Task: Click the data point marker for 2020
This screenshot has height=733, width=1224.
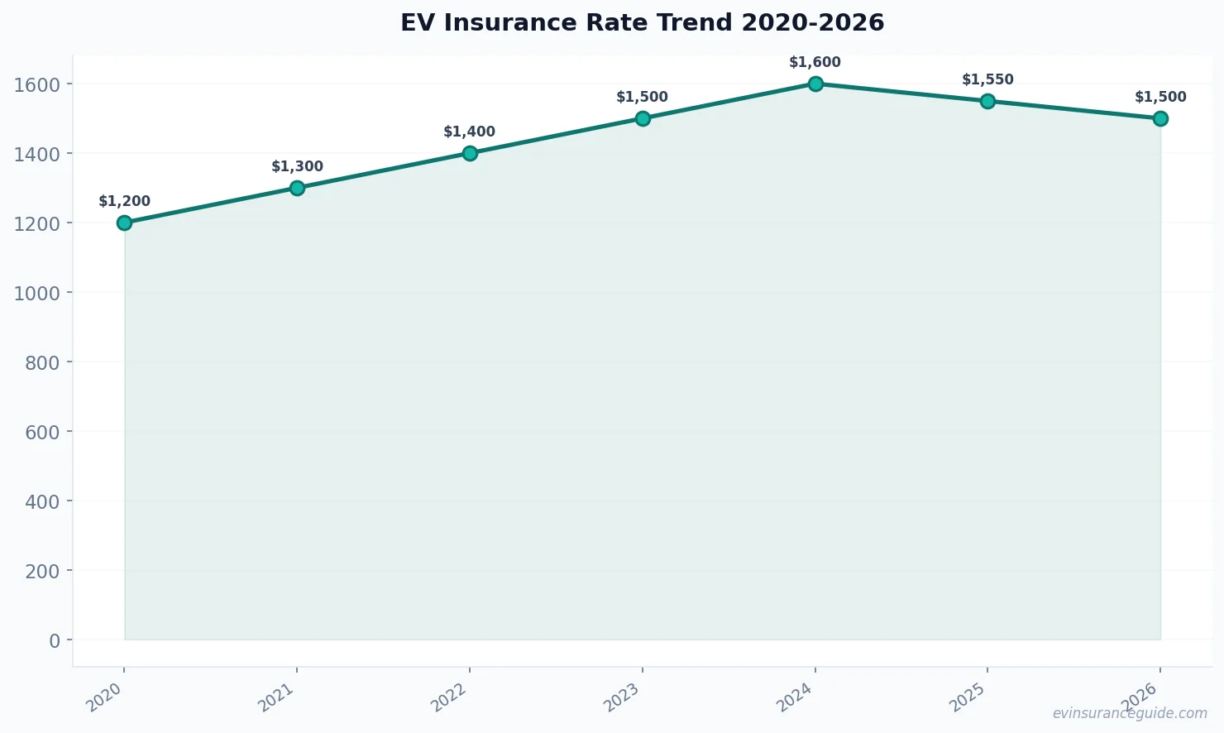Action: [x=124, y=223]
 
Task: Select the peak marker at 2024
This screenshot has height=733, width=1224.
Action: [x=815, y=84]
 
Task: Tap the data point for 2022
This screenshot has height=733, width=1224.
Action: [x=470, y=153]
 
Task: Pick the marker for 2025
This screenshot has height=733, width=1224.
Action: [x=987, y=101]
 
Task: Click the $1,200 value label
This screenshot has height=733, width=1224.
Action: [x=124, y=201]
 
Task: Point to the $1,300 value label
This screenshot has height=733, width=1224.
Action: [x=297, y=166]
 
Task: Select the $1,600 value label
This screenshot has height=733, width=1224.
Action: [x=815, y=62]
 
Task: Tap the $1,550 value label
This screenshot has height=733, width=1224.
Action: [x=987, y=79]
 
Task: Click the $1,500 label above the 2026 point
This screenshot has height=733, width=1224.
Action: [x=1160, y=97]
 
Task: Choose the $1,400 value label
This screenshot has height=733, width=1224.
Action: [x=469, y=132]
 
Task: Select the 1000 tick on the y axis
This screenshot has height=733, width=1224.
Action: [x=37, y=293]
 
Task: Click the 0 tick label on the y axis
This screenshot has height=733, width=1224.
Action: [x=55, y=640]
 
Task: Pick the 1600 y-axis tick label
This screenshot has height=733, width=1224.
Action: [x=37, y=84]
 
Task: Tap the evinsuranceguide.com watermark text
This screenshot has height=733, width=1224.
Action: [x=1130, y=713]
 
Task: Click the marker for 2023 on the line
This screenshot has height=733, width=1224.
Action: [x=643, y=118]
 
